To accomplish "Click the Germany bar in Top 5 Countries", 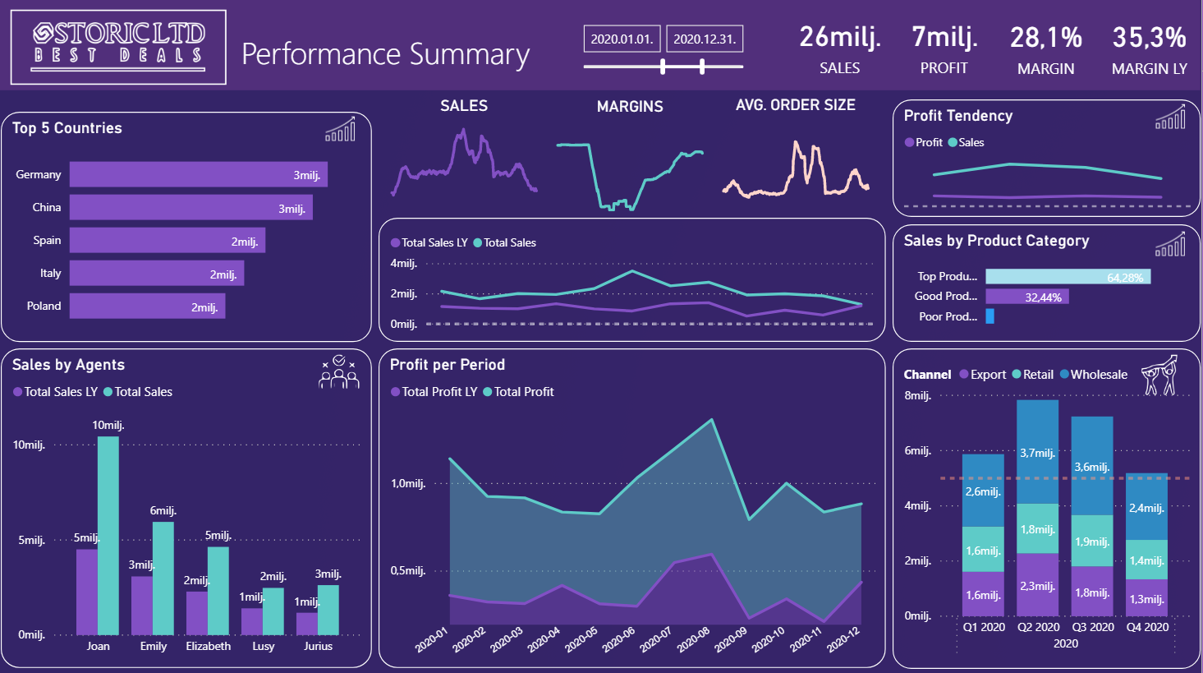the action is click(198, 175).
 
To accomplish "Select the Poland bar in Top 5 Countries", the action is click(147, 306).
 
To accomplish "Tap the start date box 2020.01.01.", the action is click(622, 39).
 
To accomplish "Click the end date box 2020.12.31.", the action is click(705, 39).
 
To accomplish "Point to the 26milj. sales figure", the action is click(840, 38).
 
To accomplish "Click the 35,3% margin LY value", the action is click(1149, 38).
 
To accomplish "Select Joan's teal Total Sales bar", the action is click(108, 536).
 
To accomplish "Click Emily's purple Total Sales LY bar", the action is click(142, 606).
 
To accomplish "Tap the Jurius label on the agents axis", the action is click(318, 646).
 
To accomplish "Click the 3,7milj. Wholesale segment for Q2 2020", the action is click(1038, 452).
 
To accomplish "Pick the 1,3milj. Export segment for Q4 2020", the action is click(1146, 597).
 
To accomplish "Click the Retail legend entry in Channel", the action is click(1033, 375).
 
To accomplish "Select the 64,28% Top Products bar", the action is click(1068, 277).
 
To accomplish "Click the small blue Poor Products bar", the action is click(989, 316).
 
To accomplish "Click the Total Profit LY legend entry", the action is click(434, 392).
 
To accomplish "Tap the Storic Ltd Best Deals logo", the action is click(118, 48).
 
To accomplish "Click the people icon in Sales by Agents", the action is click(339, 372).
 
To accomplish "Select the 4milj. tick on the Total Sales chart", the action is click(404, 264).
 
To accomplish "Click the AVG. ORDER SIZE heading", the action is click(796, 105).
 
